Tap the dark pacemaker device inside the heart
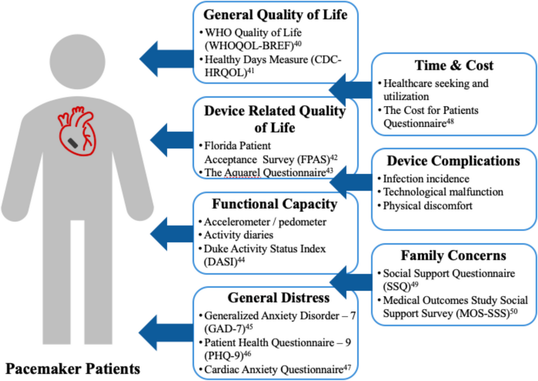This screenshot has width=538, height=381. pyautogui.click(x=73, y=143)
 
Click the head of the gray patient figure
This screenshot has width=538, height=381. pyautogui.click(x=77, y=62)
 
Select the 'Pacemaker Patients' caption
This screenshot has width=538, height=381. pyautogui.click(x=73, y=368)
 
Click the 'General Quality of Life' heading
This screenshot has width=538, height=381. pyautogui.click(x=275, y=15)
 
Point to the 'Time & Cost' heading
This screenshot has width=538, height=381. pyautogui.click(x=454, y=65)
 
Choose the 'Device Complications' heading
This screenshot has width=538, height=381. pyautogui.click(x=453, y=161)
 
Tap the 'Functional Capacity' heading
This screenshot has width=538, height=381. pyautogui.click(x=275, y=204)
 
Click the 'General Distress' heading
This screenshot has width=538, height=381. pyautogui.click(x=279, y=298)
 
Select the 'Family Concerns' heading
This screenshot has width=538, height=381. pyautogui.click(x=453, y=255)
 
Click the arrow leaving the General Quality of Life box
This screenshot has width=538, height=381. pyautogui.click(x=167, y=59)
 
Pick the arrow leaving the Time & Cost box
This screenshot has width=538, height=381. pyautogui.click(x=350, y=90)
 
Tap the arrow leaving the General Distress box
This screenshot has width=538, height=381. pyautogui.click(x=166, y=333)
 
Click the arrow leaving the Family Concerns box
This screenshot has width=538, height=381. pyautogui.click(x=351, y=282)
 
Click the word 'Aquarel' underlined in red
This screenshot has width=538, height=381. pyautogui.click(x=242, y=173)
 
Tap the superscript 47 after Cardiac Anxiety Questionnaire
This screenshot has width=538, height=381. pyautogui.click(x=347, y=367)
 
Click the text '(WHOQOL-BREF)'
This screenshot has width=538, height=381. pyautogui.click(x=249, y=46)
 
